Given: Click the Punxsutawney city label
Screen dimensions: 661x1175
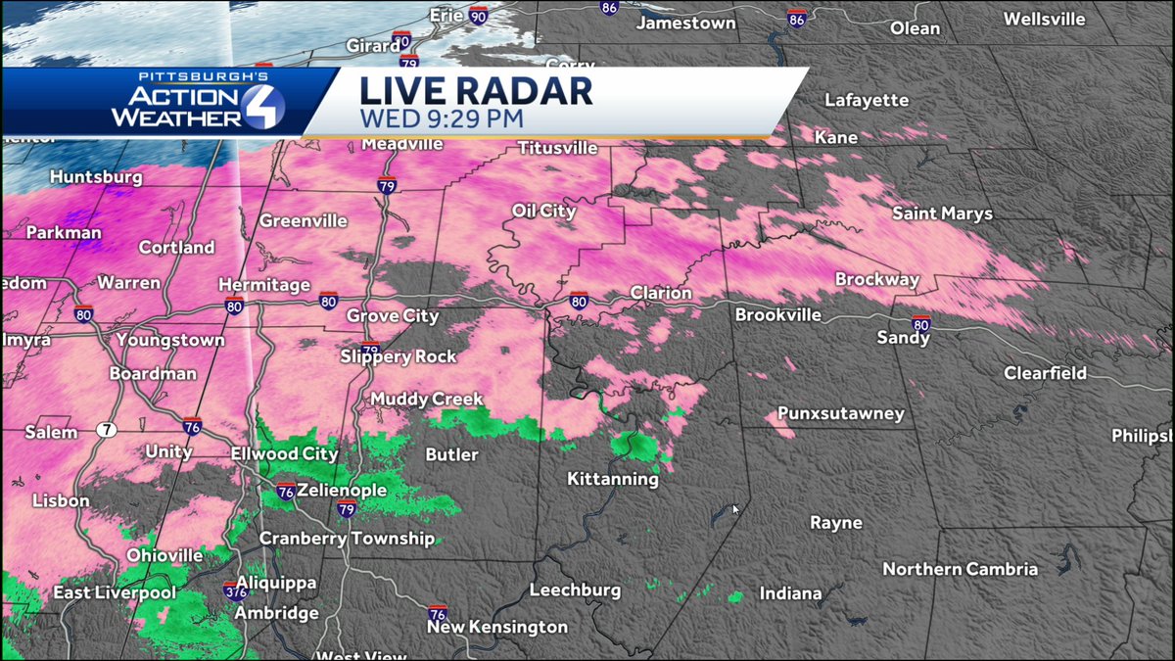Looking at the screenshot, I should coord(841,414).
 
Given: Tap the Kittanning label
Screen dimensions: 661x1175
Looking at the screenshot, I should coord(613,480).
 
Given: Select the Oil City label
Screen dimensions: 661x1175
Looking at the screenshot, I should coord(543,212).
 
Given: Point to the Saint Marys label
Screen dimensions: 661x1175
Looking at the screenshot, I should coord(942,213).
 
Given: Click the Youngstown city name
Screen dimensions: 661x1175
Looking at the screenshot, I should coord(170,341).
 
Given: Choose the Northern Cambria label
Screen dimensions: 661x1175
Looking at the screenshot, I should coord(960,569).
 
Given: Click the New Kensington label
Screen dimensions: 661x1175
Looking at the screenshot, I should coord(496,627).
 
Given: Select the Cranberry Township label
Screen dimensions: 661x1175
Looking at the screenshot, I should coord(347,539).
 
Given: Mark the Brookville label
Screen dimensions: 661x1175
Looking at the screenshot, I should coord(778,315).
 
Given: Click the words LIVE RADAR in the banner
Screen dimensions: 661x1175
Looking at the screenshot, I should coord(476,91).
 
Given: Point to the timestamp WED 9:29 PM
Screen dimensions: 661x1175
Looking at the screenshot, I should coord(441,119).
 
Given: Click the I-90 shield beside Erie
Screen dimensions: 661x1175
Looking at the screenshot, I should coord(477,16).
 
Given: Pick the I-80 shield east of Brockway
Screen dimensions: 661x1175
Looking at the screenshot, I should coord(919,322).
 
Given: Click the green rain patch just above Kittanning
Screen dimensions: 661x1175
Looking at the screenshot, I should coord(637,448).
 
